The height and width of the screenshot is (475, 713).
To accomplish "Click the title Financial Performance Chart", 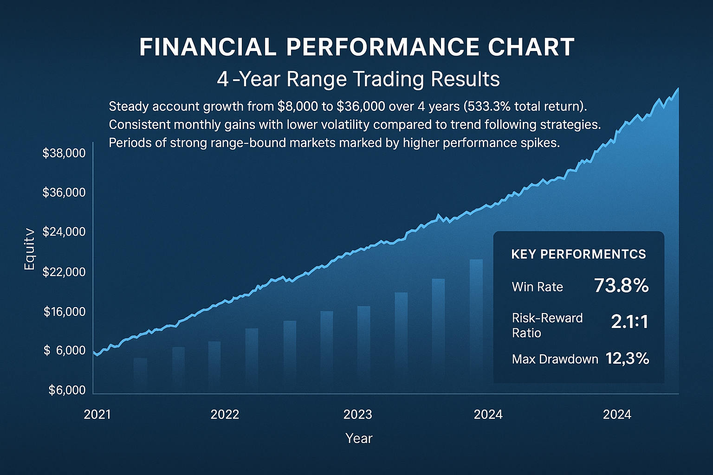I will pyautogui.click(x=356, y=47).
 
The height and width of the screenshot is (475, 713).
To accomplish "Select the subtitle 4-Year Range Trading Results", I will pyautogui.click(x=358, y=79).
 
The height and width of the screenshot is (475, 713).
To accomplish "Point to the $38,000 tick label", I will pyautogui.click(x=64, y=153).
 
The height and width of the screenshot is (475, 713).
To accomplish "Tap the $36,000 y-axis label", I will pyautogui.click(x=64, y=193).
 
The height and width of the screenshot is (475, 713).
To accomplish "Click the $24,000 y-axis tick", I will pyautogui.click(x=64, y=232).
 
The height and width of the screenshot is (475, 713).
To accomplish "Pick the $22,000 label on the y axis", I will pyautogui.click(x=64, y=272).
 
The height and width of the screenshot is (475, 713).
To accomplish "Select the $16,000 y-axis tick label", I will pyautogui.click(x=65, y=312).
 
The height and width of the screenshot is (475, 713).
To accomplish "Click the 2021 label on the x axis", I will pyautogui.click(x=97, y=414).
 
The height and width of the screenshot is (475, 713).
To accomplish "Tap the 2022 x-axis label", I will pyautogui.click(x=225, y=414).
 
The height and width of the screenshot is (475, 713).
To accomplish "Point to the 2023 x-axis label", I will pyautogui.click(x=357, y=414).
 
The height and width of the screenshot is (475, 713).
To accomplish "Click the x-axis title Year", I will pyautogui.click(x=359, y=438).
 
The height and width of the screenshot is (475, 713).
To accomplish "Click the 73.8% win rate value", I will pyautogui.click(x=621, y=286).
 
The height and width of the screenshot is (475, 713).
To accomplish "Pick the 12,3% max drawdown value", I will pyautogui.click(x=627, y=359).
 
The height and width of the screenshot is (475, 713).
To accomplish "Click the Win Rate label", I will pyautogui.click(x=537, y=287).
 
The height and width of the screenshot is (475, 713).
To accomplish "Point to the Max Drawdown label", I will pyautogui.click(x=555, y=359).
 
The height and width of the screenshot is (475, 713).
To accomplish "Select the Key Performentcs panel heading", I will pyautogui.click(x=578, y=254).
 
